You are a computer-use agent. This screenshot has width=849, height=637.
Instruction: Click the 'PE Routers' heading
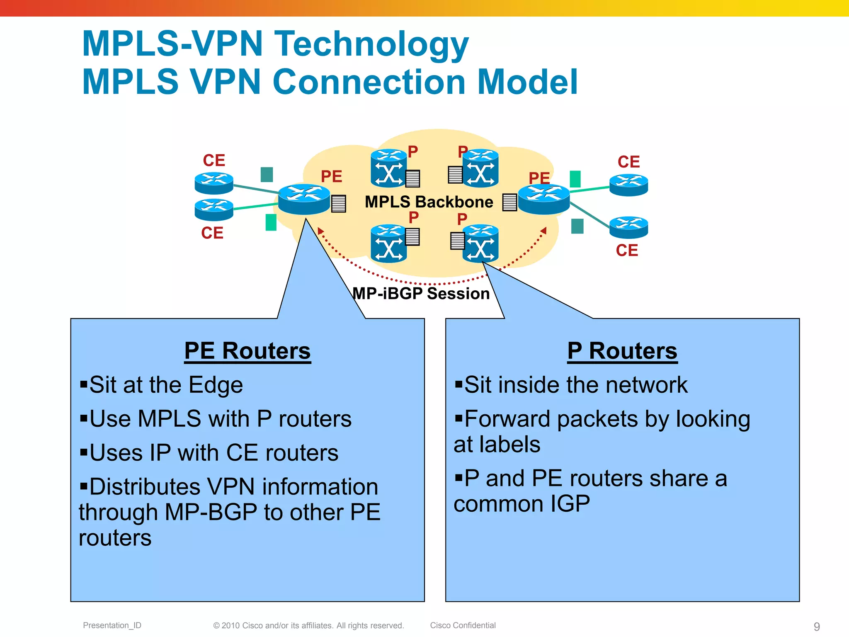click(247, 351)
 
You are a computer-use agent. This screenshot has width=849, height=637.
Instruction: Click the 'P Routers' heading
click(622, 351)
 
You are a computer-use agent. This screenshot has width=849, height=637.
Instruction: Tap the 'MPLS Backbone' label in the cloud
click(429, 202)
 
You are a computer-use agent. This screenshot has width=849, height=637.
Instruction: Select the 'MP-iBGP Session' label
click(421, 294)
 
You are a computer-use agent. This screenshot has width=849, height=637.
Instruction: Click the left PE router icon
click(304, 199)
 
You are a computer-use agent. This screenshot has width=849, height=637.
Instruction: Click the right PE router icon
click(544, 199)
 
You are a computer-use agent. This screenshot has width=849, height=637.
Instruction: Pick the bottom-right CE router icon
click(628, 227)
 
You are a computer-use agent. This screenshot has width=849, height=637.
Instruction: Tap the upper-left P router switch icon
click(388, 168)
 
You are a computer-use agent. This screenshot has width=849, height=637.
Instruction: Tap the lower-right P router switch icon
click(480, 244)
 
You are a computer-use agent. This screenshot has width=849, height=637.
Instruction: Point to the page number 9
click(817, 626)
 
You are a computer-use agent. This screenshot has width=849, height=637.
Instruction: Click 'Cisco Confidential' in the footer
click(463, 625)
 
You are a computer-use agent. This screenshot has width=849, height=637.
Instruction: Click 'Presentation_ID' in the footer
click(112, 625)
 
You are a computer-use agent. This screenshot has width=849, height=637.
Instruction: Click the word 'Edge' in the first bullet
click(216, 385)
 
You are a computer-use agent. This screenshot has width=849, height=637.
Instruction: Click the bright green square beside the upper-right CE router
click(575, 179)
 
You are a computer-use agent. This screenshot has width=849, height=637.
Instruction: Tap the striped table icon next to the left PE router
click(339, 204)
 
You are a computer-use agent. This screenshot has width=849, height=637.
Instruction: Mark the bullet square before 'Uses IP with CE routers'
click(84, 451)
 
